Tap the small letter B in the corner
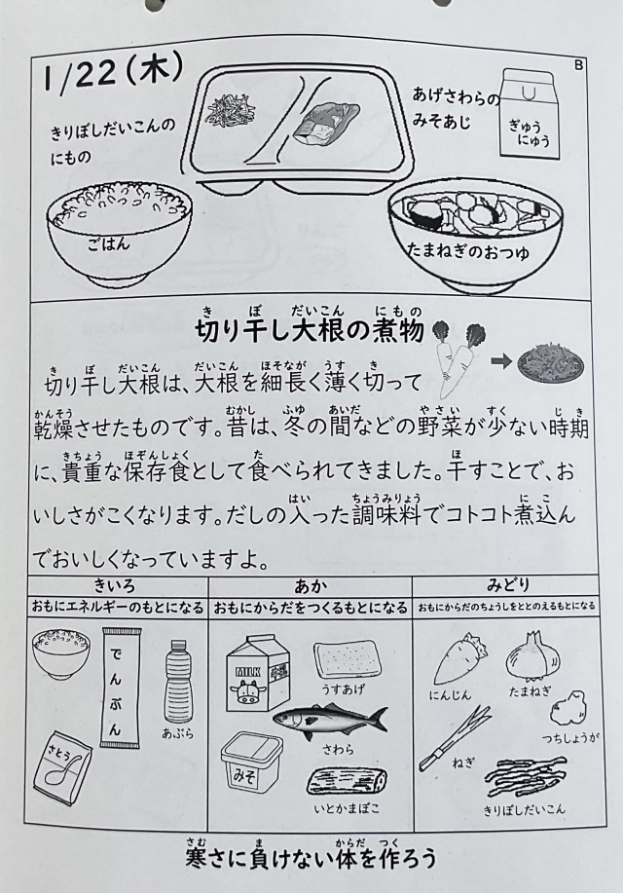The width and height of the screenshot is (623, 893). [578, 65]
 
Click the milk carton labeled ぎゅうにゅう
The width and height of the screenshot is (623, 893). [528, 112]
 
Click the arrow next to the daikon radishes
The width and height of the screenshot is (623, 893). [500, 361]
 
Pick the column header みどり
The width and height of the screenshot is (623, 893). [508, 585]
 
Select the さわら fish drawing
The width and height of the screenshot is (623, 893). [329, 721]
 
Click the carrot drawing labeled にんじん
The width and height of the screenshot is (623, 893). [460, 659]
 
